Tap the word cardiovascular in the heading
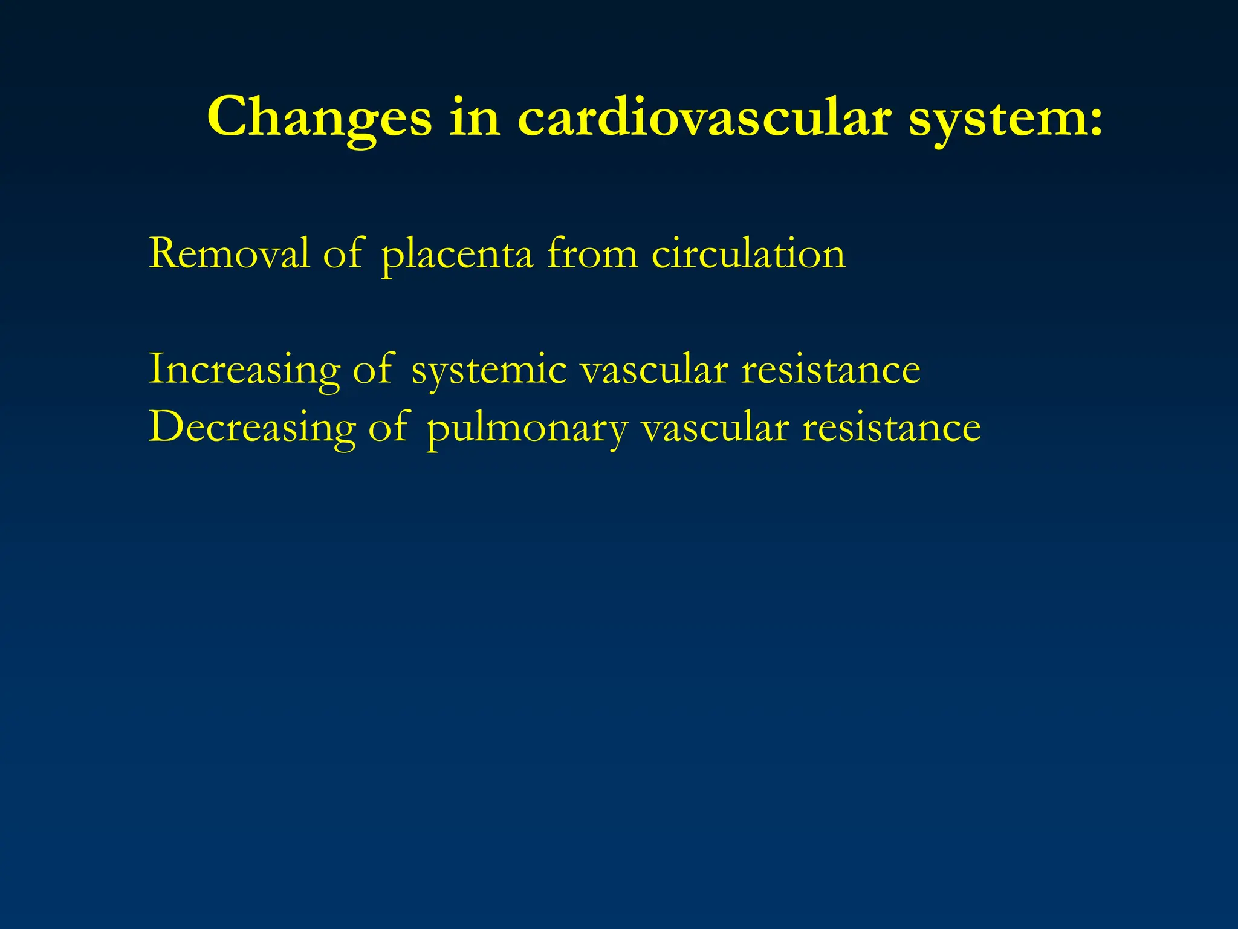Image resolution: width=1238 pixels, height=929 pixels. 704,117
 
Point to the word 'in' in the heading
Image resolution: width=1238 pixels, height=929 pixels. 475,117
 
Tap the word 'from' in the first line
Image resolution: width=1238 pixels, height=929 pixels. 592,253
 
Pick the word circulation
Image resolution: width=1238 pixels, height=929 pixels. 748,253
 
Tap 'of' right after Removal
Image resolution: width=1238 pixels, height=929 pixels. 343,253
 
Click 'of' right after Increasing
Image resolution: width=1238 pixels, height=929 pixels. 373,369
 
